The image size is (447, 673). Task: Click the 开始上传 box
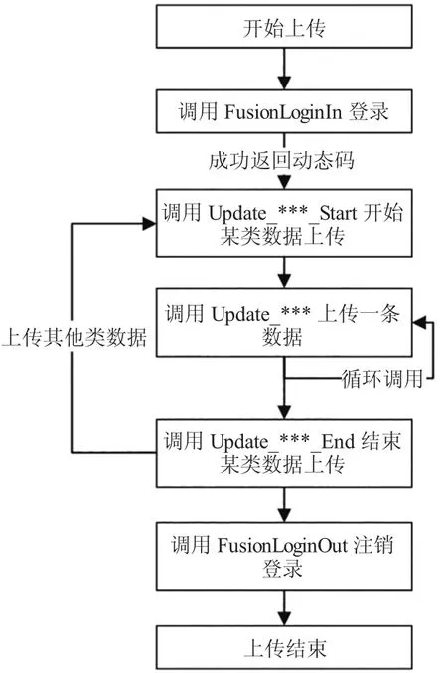tap(284, 26)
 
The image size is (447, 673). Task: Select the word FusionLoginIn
tap(283, 112)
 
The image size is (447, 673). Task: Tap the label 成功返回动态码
tap(281, 160)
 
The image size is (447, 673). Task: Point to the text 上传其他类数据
tap(74, 337)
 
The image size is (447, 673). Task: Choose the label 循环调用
tap(381, 379)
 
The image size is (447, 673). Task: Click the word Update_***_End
tap(282, 441)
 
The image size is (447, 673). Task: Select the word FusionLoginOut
tap(282, 545)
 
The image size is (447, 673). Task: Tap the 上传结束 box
tap(284, 647)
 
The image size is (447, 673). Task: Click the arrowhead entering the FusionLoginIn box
tap(284, 83)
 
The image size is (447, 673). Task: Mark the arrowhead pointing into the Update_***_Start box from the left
tap(149, 224)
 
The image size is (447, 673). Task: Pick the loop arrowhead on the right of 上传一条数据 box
tap(419, 322)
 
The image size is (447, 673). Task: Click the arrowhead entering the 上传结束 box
tap(284, 618)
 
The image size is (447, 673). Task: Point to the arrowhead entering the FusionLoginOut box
tap(284, 515)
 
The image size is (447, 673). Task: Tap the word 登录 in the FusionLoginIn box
tap(369, 112)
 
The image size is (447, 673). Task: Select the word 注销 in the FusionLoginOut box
tap(373, 545)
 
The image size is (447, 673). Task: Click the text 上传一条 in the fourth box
tap(359, 313)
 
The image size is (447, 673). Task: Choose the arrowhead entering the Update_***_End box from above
tap(284, 412)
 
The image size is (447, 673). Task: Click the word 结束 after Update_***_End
tap(380, 441)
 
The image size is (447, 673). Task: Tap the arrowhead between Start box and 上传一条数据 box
tap(284, 281)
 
